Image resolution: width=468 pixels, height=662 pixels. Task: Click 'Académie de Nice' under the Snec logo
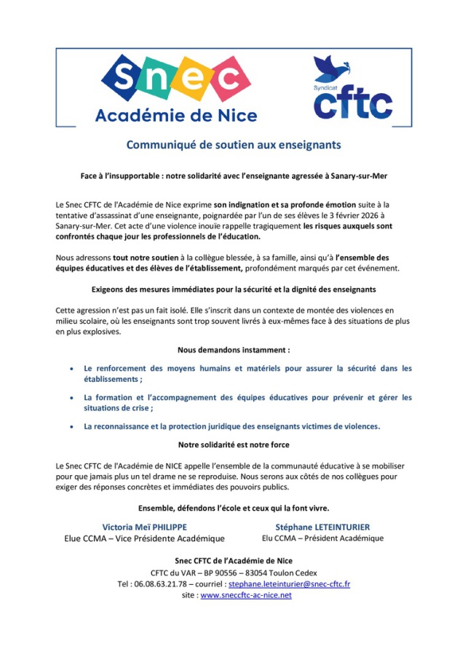point(177,115)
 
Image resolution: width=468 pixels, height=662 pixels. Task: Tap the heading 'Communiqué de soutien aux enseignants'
point(234,145)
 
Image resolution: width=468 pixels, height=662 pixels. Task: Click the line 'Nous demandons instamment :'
point(234,349)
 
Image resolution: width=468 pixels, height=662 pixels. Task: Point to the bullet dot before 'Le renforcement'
point(70,369)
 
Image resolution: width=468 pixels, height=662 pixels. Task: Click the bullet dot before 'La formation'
point(70,398)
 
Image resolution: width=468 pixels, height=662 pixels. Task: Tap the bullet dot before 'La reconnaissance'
point(70,427)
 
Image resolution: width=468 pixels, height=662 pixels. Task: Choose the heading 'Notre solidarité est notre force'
point(234,444)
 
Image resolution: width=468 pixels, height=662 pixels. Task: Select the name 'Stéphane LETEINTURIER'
point(322,526)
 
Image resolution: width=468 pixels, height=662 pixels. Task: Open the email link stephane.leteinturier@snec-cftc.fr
point(289,583)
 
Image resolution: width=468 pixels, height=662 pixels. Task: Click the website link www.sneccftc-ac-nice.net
point(246,595)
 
